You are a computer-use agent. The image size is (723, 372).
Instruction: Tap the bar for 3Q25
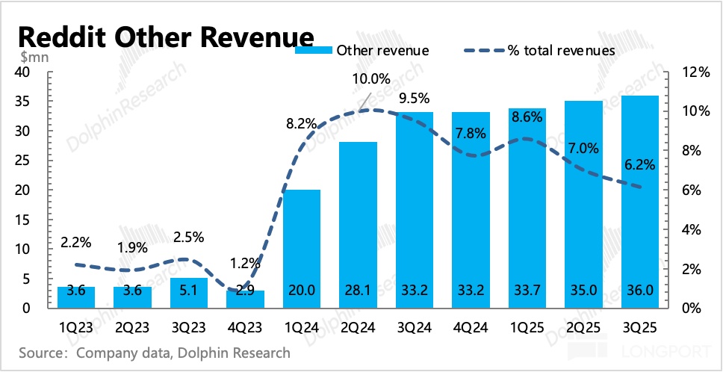point(640,202)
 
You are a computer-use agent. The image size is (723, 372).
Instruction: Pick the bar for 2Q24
point(358,224)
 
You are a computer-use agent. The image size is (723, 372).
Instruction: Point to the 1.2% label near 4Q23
point(246,262)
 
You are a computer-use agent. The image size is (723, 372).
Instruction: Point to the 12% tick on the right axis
point(692,72)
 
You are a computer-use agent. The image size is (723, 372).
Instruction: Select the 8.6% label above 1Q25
point(528,117)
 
